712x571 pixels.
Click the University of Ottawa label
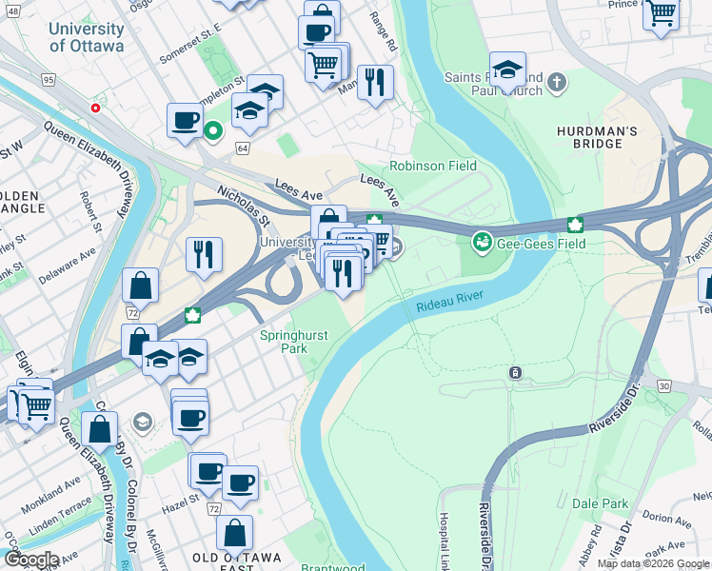(x=86, y=38)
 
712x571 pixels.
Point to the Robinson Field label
(x=432, y=166)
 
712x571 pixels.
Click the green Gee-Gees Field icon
(x=483, y=244)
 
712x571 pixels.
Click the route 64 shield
(x=243, y=148)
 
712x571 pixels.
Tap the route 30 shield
(x=663, y=385)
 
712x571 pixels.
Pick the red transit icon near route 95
(x=95, y=108)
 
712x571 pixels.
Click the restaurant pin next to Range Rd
(x=376, y=84)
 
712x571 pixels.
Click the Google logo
(x=30, y=560)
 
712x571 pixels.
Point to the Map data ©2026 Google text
(x=652, y=563)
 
